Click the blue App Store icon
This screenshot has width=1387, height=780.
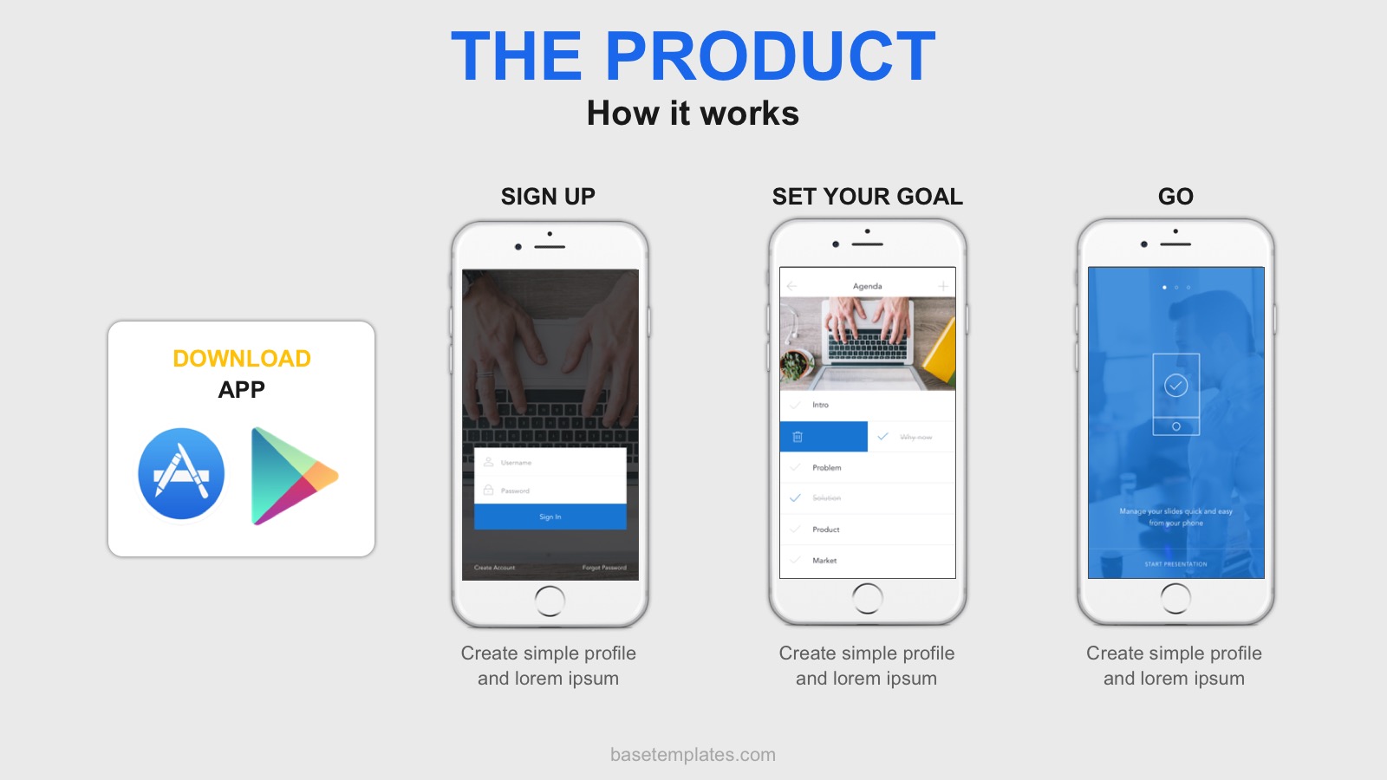point(181,474)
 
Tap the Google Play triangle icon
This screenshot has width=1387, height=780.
point(290,476)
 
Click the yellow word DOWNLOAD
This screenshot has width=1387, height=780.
point(242,359)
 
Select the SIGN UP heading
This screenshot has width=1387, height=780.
point(548,197)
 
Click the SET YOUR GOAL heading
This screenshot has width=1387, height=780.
point(867,197)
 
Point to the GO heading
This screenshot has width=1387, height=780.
point(1175,197)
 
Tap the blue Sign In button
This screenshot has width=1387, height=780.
point(550,517)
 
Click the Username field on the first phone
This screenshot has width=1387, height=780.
point(550,462)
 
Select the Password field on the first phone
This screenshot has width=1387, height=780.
point(550,491)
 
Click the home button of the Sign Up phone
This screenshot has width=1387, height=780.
point(550,601)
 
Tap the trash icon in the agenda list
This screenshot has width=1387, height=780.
point(798,437)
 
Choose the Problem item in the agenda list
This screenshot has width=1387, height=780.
point(826,468)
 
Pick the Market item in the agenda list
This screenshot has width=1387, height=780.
point(824,561)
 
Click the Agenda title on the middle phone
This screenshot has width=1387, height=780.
point(867,286)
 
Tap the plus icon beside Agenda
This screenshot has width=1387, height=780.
point(943,286)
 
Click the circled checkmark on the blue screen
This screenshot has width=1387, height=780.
point(1175,386)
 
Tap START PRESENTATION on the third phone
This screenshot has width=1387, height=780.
point(1175,564)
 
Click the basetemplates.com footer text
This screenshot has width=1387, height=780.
point(693,755)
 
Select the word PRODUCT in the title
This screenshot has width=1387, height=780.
point(770,57)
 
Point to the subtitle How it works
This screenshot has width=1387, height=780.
point(693,114)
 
